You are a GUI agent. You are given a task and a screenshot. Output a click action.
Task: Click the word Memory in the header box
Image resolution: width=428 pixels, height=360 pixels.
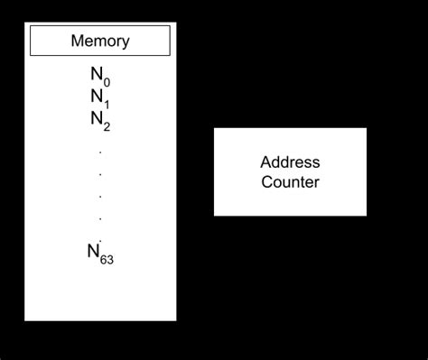click(x=100, y=41)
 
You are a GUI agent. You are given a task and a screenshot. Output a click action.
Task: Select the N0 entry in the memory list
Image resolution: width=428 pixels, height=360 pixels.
click(x=100, y=78)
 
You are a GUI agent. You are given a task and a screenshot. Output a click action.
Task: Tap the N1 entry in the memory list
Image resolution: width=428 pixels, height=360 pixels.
click(x=100, y=98)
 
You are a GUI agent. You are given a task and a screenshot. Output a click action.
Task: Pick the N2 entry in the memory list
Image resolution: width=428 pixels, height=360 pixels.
click(x=100, y=119)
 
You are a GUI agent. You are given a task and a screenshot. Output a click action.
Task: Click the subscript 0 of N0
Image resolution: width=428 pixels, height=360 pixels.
click(x=107, y=83)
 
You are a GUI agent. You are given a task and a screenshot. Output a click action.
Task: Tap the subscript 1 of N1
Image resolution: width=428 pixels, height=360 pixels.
click(x=107, y=103)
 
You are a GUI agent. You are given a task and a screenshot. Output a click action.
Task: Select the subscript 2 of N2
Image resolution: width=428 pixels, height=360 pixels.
click(x=107, y=125)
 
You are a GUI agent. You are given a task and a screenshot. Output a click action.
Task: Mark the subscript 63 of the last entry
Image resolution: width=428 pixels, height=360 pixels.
click(x=107, y=260)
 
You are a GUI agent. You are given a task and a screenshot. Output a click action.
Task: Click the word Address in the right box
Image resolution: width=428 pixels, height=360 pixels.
click(x=290, y=163)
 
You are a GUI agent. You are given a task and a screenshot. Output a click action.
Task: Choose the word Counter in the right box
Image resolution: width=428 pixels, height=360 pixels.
click(x=290, y=181)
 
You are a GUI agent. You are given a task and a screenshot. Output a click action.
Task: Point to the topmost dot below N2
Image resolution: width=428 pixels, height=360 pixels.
click(x=100, y=151)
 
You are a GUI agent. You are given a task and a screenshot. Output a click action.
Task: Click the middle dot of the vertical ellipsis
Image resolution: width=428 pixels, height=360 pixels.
click(x=100, y=195)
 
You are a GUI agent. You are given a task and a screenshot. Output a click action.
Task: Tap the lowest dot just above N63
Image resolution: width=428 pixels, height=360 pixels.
click(x=100, y=239)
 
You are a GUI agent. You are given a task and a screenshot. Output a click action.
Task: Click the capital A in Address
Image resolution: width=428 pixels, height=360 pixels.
click(x=265, y=163)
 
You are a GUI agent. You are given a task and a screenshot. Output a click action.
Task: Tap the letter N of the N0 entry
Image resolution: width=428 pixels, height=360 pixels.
click(x=95, y=77)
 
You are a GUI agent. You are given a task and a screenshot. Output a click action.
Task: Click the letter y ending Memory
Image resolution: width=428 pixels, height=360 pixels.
click(x=126, y=42)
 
